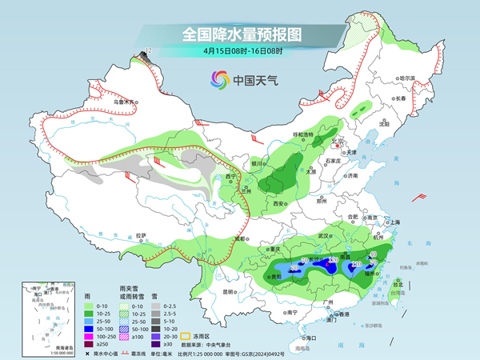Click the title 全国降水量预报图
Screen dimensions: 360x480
240,34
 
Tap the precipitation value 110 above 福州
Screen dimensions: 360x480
357,263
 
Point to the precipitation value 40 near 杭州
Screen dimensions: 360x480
373,254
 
